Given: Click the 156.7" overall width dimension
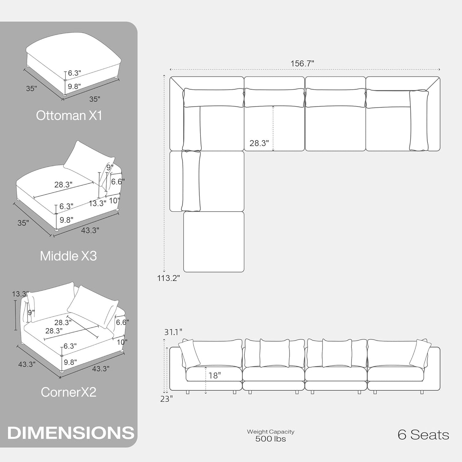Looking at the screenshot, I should coord(302,64).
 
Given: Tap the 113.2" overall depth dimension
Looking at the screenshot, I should coord(168,278).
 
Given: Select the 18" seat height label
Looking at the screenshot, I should coord(215,375).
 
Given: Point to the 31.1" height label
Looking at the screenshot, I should coord(173,332).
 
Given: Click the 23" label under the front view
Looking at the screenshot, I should coord(167,399).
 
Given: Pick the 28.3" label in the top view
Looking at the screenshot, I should coord(259,143).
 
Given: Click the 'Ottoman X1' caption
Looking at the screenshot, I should coord(69,115).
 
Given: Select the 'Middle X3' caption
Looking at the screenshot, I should coord(68,256).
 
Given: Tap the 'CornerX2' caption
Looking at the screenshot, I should coord(68,392).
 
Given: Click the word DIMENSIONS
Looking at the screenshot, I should coord(71,433).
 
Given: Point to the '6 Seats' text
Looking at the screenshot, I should coord(423,435).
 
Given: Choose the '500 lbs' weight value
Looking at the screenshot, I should coord(270,439).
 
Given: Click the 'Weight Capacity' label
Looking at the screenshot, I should coord(270,432).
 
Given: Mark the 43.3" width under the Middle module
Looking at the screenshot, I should coord(90,230).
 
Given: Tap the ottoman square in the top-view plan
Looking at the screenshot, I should coord(214,242).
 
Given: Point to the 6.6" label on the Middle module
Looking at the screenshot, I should coord(118,182).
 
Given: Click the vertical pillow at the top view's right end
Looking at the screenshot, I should coord(419,121).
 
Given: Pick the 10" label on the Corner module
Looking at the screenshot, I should coord(122,342).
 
